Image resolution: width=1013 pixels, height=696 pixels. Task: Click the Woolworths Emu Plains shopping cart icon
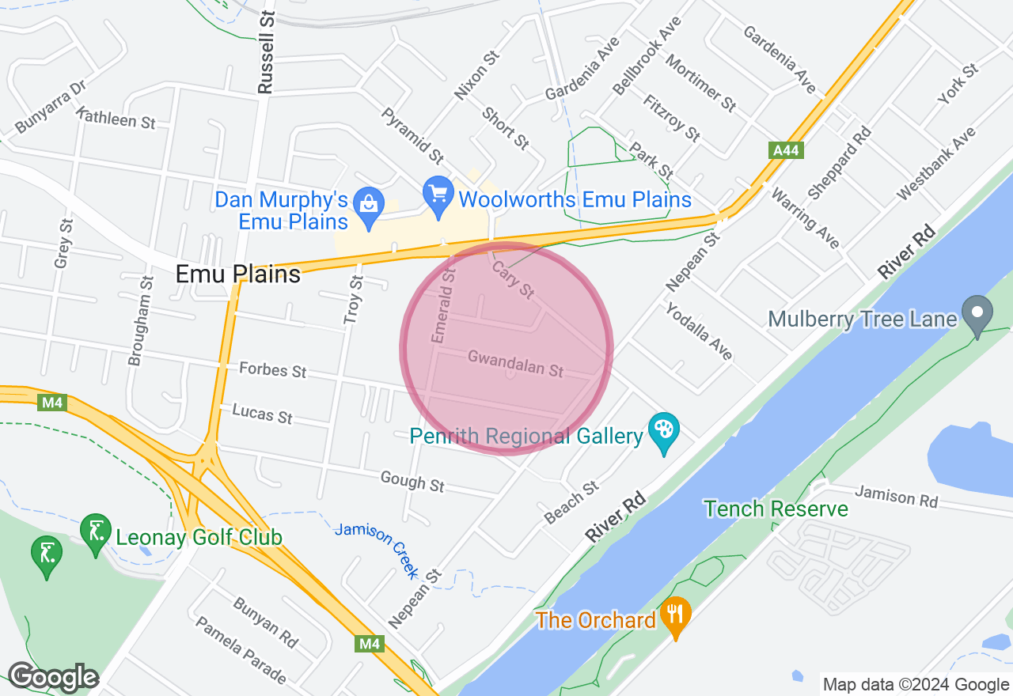[438, 192]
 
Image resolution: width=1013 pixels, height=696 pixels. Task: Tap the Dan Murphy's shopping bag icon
[368, 201]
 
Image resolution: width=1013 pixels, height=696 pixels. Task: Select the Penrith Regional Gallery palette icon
[664, 430]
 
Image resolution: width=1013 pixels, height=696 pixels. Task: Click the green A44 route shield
[785, 149]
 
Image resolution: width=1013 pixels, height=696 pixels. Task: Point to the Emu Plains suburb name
[238, 274]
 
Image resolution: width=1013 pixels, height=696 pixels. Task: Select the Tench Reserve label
[776, 509]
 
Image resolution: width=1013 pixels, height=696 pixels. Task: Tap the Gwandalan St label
[515, 364]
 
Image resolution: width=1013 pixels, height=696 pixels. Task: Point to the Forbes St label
[272, 369]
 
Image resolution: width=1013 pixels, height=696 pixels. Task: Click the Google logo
[53, 677]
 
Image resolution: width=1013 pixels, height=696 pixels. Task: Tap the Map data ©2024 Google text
[916, 685]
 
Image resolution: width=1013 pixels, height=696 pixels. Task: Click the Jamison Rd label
[896, 497]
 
